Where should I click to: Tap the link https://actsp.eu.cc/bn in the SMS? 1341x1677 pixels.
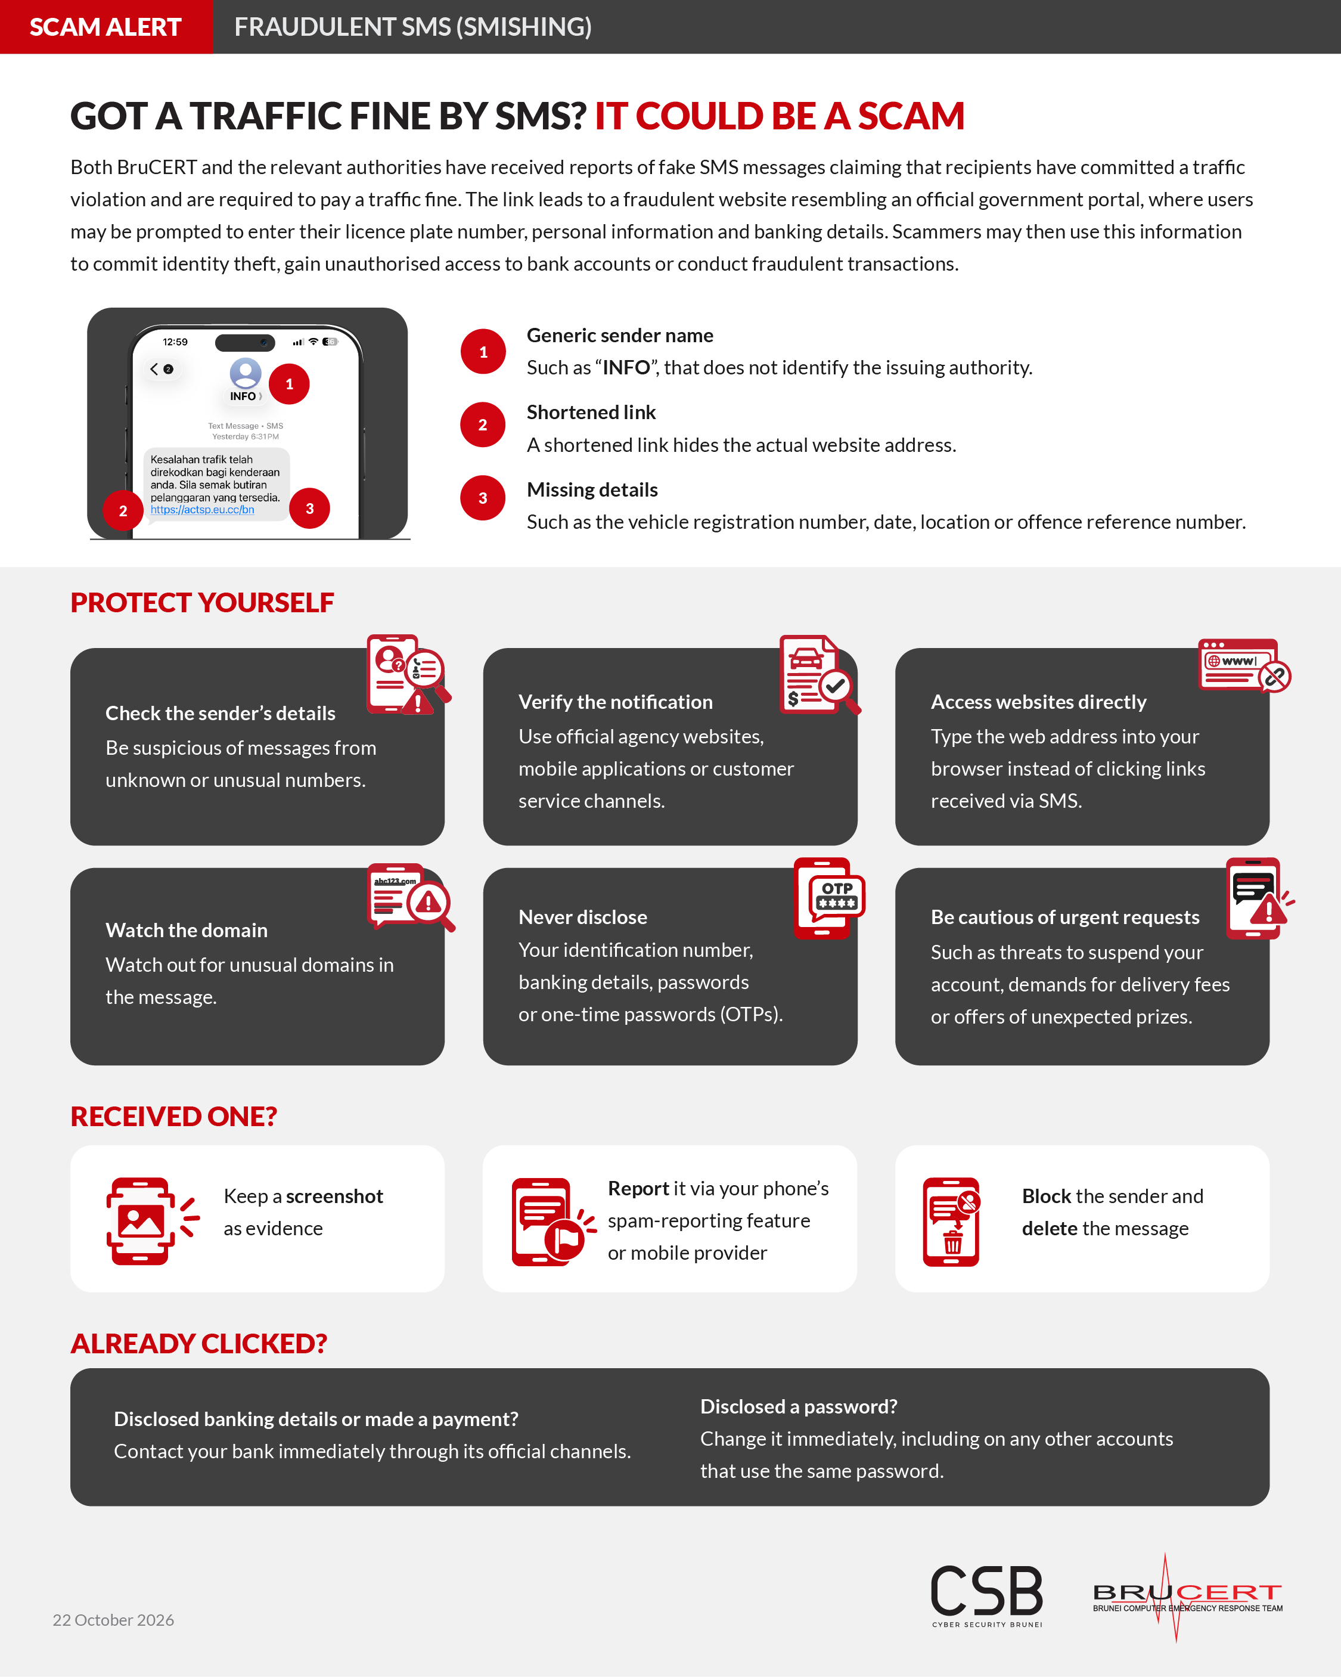point(202,510)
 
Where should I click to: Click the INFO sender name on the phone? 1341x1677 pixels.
point(243,396)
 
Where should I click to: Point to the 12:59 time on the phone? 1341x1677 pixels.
point(175,342)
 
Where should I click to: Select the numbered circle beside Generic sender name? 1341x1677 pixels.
point(483,352)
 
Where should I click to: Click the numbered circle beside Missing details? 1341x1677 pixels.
point(483,498)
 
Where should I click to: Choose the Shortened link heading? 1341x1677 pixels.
point(591,413)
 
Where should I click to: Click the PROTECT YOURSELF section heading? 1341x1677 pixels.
point(202,602)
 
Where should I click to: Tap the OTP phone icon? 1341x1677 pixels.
point(829,898)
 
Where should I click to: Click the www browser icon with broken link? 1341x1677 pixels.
point(1244,665)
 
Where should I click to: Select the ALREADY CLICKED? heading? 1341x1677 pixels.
point(199,1343)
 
